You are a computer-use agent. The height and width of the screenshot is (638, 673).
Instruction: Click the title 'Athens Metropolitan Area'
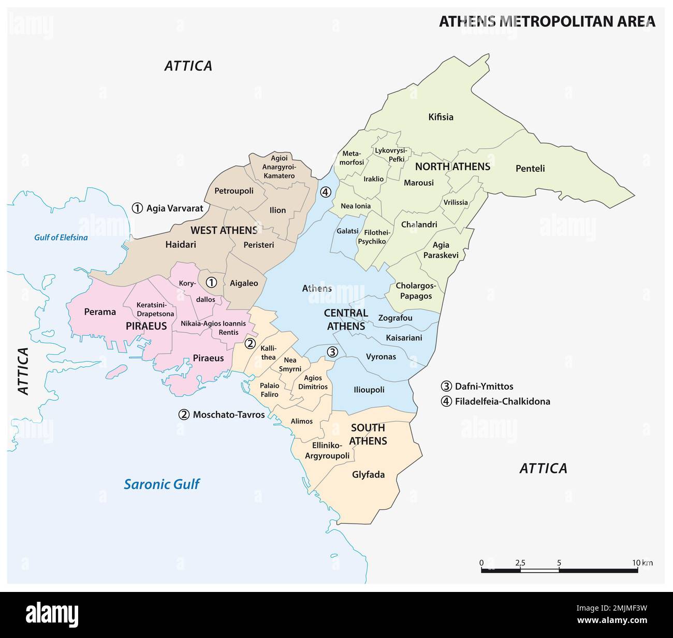(547, 21)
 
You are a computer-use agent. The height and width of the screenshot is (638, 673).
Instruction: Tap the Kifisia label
(441, 117)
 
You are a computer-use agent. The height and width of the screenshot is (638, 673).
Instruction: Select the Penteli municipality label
(530, 168)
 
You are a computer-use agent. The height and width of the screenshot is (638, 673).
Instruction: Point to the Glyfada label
(368, 474)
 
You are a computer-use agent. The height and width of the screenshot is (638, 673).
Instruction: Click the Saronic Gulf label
(162, 484)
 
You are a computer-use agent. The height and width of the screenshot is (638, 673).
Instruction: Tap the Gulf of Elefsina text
(61, 238)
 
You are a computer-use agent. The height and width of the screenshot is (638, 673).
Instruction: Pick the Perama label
(100, 311)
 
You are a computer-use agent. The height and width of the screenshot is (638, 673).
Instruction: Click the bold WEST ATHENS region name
(224, 230)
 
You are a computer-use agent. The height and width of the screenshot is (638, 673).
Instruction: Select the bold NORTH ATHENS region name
(452, 167)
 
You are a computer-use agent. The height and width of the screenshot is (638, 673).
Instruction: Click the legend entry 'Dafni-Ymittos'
(484, 386)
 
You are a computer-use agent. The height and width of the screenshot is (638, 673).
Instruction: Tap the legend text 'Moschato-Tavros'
(228, 414)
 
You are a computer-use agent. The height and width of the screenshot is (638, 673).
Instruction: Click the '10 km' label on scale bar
(642, 562)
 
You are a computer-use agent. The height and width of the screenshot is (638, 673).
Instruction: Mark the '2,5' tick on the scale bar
(520, 562)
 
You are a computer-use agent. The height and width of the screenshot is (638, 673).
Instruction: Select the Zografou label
(395, 318)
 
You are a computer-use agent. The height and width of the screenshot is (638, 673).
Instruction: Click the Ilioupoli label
(369, 390)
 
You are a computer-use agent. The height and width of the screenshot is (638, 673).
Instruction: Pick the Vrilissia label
(455, 202)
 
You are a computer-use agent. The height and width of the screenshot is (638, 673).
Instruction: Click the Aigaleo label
(243, 283)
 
